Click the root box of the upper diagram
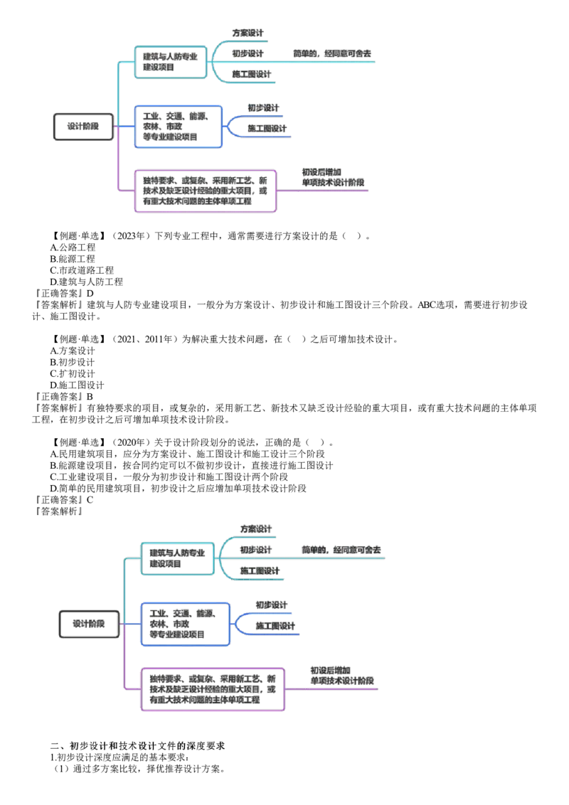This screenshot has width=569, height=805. pos(83,127)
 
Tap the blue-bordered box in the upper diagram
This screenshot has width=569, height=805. pos(179,126)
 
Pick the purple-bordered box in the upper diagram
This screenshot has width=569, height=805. pos(205,191)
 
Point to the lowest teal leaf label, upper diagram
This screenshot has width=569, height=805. pos(252,74)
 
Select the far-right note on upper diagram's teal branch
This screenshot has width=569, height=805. pos(333,53)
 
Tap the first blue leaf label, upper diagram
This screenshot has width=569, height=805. pos(262,108)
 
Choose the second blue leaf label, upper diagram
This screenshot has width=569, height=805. pos(268,129)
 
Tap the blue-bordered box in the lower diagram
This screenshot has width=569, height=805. pos(186,624)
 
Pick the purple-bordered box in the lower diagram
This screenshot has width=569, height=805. pos(213,689)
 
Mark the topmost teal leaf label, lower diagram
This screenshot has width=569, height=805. pos(256,530)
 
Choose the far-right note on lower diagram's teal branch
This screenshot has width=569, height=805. pos(342,550)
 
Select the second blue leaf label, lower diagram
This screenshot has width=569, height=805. pos(275,627)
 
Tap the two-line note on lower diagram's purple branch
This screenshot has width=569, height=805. pos(342,676)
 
